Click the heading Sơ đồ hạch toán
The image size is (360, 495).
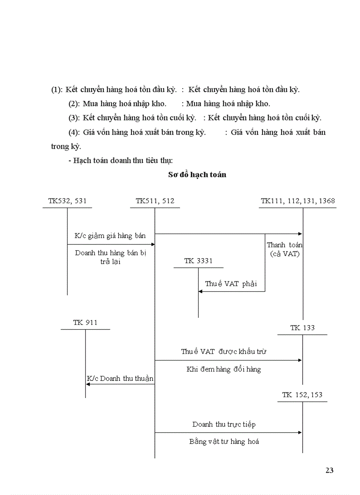pos(197,175)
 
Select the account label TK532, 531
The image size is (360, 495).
pos(67,201)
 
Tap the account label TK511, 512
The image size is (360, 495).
pos(155,201)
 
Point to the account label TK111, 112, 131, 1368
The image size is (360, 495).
pos(298,201)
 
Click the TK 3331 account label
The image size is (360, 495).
pos(198,261)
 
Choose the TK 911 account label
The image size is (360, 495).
pos(85,323)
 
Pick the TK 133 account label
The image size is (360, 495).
pos(302,328)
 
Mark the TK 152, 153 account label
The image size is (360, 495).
pos(302,395)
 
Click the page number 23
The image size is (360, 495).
pos(329,470)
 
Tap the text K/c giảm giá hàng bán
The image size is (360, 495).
pos(110,235)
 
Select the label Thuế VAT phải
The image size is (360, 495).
pos(231,284)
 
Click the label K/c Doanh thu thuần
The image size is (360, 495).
pos(120,379)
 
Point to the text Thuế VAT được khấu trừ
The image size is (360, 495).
pos(224,352)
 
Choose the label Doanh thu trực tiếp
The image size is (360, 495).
pos(224,424)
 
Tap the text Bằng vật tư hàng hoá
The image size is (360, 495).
pos(224,441)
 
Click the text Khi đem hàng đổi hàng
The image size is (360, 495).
pos(224,369)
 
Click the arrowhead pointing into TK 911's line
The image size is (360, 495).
pos(88,384)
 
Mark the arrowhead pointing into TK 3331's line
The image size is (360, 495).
pos(201,291)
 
